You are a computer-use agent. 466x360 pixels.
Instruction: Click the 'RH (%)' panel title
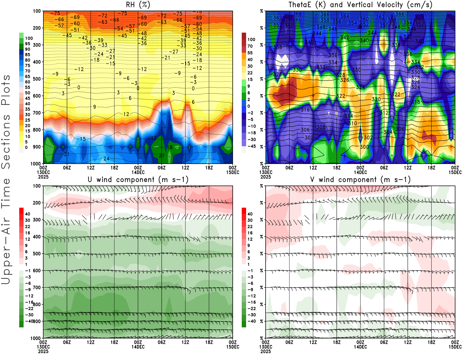(x=138, y=5)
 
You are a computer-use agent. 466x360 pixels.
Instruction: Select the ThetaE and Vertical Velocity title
(x=360, y=5)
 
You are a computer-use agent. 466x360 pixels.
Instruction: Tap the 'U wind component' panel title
(x=138, y=179)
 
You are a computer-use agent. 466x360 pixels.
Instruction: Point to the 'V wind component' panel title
(x=360, y=179)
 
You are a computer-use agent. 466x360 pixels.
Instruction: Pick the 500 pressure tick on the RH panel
(x=37, y=79)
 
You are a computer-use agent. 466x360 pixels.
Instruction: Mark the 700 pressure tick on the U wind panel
(x=37, y=287)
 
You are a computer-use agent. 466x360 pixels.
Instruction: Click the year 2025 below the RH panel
(x=43, y=177)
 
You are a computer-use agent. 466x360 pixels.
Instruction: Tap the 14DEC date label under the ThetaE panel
(x=360, y=172)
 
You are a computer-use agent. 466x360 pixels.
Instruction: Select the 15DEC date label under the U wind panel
(x=232, y=347)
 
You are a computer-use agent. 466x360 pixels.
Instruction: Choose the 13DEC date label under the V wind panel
(x=266, y=347)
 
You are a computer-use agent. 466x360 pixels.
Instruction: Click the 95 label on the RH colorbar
(x=27, y=44)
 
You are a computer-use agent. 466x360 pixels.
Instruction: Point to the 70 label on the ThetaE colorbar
(x=250, y=46)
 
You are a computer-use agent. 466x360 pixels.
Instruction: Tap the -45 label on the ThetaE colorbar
(x=251, y=146)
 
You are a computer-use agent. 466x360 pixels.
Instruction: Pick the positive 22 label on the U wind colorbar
(x=27, y=227)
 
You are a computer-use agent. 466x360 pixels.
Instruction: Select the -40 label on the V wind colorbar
(x=251, y=321)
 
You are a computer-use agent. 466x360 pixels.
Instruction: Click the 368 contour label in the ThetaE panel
(x=297, y=14)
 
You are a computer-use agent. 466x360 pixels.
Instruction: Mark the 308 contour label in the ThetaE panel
(x=321, y=127)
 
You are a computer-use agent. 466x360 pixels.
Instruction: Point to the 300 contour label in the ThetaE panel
(x=364, y=147)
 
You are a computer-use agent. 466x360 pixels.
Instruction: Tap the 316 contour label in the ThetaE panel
(x=305, y=110)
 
